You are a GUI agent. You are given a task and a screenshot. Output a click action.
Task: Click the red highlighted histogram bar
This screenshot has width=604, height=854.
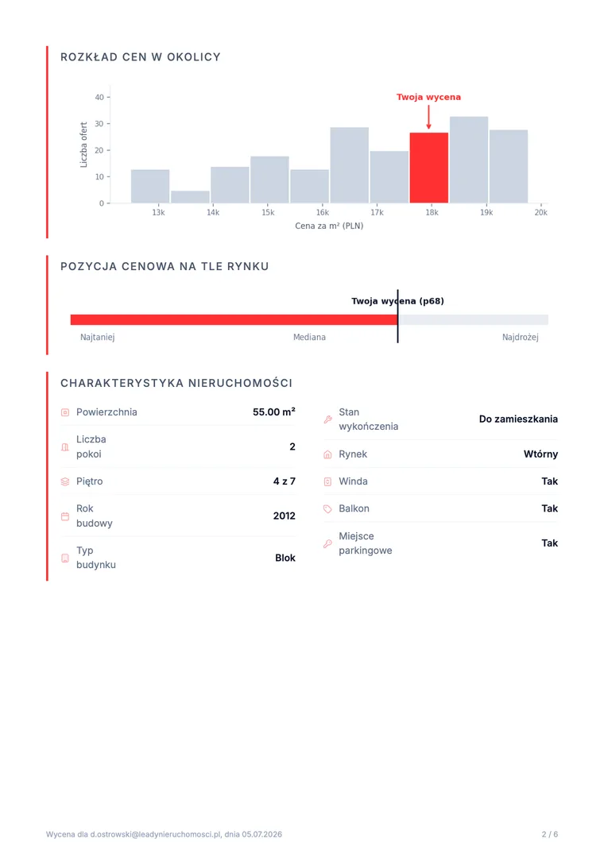pos(428,168)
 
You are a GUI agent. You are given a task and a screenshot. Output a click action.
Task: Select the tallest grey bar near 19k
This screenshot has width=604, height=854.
pos(468,160)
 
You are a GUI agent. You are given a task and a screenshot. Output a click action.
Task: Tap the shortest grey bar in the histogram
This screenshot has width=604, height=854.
pos(190,196)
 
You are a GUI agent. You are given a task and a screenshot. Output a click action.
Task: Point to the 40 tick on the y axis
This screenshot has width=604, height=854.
pos(99,97)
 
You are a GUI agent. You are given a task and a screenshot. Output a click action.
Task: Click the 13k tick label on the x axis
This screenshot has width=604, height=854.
pos(158,212)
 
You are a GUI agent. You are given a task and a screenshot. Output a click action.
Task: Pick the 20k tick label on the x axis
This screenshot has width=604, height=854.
pos(541,212)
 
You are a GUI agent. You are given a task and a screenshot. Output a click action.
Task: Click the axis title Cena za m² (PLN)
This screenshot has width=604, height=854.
pos(329,226)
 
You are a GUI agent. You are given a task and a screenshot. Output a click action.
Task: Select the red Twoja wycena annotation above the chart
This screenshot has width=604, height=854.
pos(428,97)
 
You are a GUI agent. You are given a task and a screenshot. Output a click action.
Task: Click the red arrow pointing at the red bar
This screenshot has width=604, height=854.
pos(428,117)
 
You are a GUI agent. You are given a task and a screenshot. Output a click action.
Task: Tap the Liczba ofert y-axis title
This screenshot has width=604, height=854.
pos(84,145)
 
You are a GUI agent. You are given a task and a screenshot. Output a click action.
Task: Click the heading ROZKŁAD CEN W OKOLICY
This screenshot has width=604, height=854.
pos(141,57)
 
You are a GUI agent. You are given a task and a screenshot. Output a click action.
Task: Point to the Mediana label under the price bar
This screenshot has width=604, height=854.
pos(309,337)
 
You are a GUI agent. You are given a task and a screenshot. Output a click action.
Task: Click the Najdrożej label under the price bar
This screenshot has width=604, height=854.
pos(520,337)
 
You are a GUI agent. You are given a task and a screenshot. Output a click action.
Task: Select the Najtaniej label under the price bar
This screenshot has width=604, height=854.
pos(98,337)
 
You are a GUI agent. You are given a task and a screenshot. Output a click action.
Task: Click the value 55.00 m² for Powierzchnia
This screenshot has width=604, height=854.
pos(274,412)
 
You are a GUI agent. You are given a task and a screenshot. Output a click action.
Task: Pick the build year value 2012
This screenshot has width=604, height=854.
pos(285,516)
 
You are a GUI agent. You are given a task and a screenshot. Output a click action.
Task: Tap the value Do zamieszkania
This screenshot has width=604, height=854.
pos(518,419)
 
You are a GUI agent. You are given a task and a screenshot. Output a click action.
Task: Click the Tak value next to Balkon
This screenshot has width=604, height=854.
pos(549,508)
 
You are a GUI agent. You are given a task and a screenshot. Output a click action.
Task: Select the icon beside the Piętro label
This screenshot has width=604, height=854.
pos(65,481)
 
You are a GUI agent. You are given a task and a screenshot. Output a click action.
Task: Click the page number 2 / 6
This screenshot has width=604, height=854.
pos(549,834)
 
